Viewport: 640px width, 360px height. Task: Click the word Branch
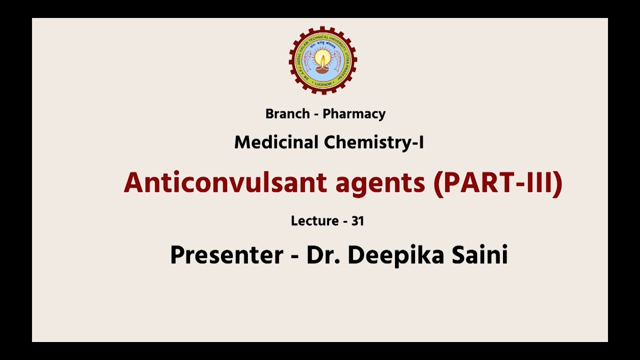coord(287,114)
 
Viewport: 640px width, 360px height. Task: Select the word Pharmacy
coord(354,114)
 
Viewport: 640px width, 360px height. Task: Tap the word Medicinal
coord(277,142)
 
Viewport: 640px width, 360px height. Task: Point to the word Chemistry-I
coord(374,142)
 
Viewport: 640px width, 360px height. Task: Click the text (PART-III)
coord(498,182)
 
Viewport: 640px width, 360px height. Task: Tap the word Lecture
coord(314,221)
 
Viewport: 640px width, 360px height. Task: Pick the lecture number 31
coord(357,221)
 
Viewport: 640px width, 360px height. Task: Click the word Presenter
coord(226,255)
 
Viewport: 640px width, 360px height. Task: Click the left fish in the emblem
coord(306,60)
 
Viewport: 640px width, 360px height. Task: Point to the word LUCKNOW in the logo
coord(323,84)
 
